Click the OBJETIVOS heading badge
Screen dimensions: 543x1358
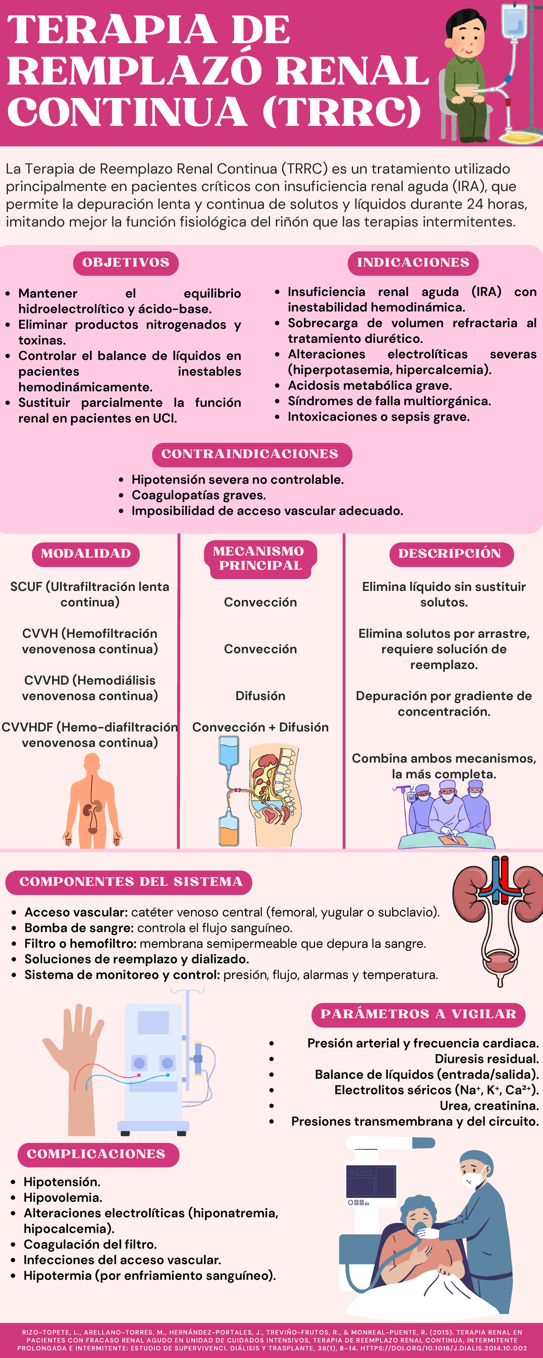click(125, 263)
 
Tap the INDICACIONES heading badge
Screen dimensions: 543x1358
click(413, 263)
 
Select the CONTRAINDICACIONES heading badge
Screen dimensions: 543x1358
click(252, 454)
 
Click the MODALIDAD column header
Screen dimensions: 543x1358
click(86, 554)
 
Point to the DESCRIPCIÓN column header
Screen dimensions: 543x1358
click(452, 554)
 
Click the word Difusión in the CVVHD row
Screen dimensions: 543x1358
click(261, 696)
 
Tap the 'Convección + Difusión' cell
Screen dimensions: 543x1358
click(261, 727)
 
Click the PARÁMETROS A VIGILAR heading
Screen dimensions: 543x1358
click(419, 1015)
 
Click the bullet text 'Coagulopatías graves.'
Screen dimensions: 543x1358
click(199, 496)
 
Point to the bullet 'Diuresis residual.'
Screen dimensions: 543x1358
click(486, 1059)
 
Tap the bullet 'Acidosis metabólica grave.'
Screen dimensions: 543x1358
click(370, 386)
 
